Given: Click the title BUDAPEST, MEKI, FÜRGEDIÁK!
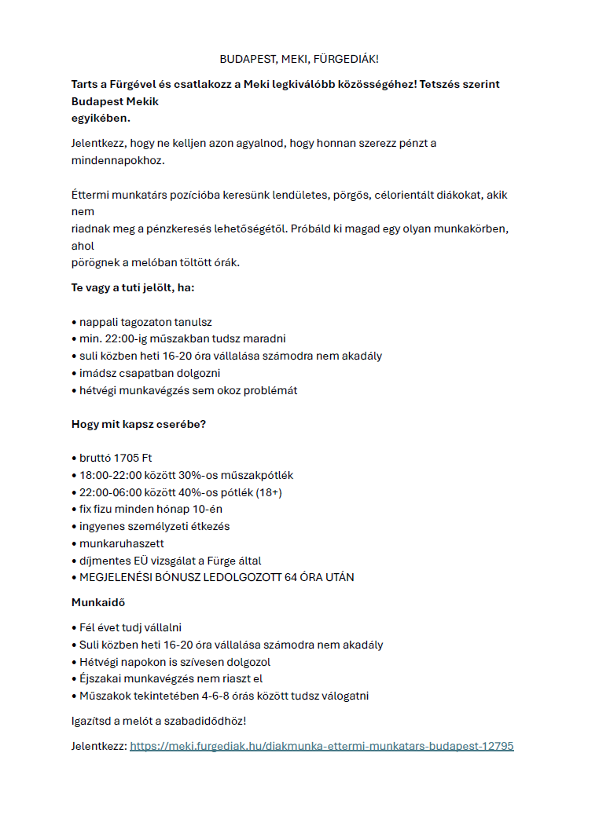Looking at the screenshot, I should tap(299, 60).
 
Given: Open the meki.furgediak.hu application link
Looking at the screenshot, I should tap(322, 746).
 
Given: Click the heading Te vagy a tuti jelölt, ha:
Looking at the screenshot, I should tap(133, 287).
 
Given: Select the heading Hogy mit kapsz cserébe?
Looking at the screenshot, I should tap(138, 425).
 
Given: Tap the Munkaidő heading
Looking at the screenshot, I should tap(98, 602).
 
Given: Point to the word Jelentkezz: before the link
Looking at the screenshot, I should tap(98, 746).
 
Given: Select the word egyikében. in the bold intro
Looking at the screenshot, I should tap(101, 118).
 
